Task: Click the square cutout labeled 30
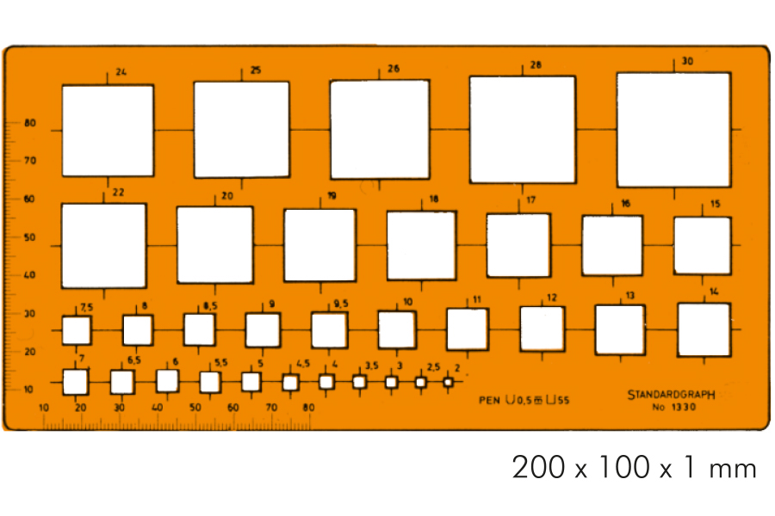(673, 129)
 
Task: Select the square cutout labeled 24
(108, 131)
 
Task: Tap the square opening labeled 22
(103, 246)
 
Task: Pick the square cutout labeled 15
(702, 245)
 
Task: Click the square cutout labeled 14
(704, 329)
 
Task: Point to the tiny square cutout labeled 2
(448, 382)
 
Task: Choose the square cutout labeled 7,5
(77, 330)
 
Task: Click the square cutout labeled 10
(397, 329)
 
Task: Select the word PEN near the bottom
(490, 400)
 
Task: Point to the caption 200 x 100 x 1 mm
(635, 469)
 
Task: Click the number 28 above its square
(536, 65)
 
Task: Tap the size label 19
(332, 196)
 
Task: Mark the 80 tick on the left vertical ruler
(30, 123)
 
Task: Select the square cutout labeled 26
(380, 130)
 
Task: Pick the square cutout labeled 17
(518, 245)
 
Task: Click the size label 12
(551, 298)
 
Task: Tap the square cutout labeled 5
(251, 381)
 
